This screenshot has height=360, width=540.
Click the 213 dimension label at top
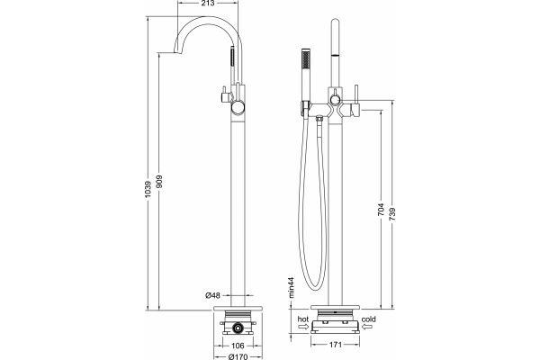click(207, 4)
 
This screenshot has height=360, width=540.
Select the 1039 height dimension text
click(148, 189)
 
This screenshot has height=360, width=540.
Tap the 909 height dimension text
click(159, 182)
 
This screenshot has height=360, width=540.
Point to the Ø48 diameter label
click(212, 295)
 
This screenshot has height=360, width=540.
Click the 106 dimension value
click(238, 346)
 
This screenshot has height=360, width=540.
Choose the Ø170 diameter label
click(238, 356)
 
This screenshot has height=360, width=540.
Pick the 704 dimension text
click(381, 210)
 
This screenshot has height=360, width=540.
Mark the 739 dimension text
click(392, 214)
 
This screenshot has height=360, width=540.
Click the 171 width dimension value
click(336, 345)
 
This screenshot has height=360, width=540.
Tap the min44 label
click(292, 287)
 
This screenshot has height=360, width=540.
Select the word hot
click(303, 319)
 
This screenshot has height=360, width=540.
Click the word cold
click(368, 319)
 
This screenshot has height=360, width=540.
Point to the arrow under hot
click(303, 327)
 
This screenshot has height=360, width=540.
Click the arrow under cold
click(367, 327)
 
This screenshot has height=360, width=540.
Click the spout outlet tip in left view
click(176, 52)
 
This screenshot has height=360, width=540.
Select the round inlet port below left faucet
click(238, 328)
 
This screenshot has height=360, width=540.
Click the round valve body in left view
click(238, 107)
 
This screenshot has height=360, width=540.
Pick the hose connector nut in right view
click(319, 119)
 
